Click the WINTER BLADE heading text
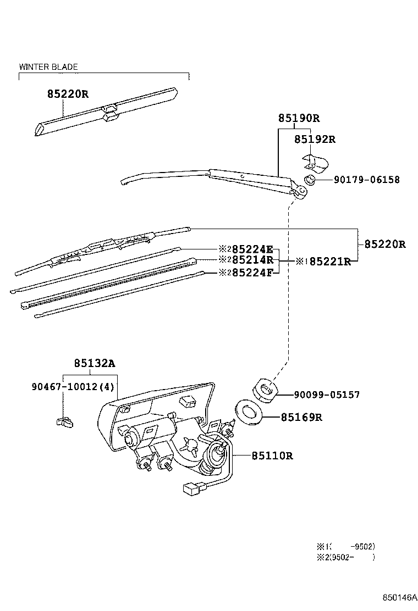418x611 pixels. coord(48,67)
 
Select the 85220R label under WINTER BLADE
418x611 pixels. coord(67,94)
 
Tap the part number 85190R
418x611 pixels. coord(299,118)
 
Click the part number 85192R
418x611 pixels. coord(315,140)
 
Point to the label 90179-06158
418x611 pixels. coord(366,180)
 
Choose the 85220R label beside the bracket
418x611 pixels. coord(384,245)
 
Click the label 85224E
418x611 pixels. coord(252,249)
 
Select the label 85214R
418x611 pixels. coord(252,260)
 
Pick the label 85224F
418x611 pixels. coord(252,271)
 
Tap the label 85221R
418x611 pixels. coord(329,262)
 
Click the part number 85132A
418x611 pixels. coord(95,363)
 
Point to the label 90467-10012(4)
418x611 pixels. coord(80,386)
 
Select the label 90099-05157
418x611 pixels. coord(327,395)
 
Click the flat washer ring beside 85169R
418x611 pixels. coord(248,412)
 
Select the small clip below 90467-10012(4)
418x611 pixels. coord(64,422)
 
